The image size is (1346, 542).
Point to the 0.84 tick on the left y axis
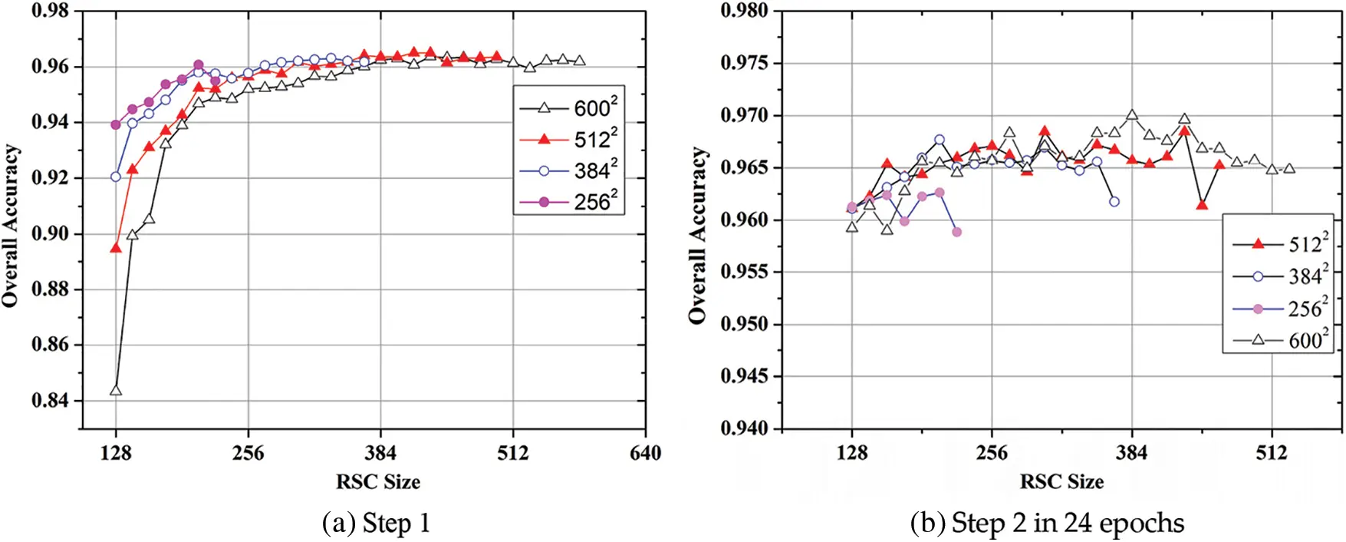[x=50, y=400]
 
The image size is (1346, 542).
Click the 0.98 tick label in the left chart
[x=50, y=11]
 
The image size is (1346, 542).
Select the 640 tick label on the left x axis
[x=645, y=453]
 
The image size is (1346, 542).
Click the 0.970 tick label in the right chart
[x=745, y=116]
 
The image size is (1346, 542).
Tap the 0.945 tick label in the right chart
[x=745, y=376]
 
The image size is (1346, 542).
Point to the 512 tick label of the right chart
[x=1272, y=453]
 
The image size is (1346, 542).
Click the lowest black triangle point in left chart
[x=116, y=390]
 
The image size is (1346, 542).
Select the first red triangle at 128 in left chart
[x=116, y=247]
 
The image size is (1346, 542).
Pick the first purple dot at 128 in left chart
[x=116, y=124]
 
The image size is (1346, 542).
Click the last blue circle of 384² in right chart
[x=1114, y=201]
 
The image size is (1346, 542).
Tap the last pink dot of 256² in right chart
[x=956, y=231]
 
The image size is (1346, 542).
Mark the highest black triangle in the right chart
[x=1132, y=115]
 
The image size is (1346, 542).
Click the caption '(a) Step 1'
[x=377, y=524]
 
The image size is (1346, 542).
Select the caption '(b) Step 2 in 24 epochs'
[x=1047, y=524]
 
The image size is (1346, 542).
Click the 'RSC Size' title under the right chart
[x=1061, y=482]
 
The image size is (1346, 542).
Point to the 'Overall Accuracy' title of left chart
[x=11, y=226]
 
